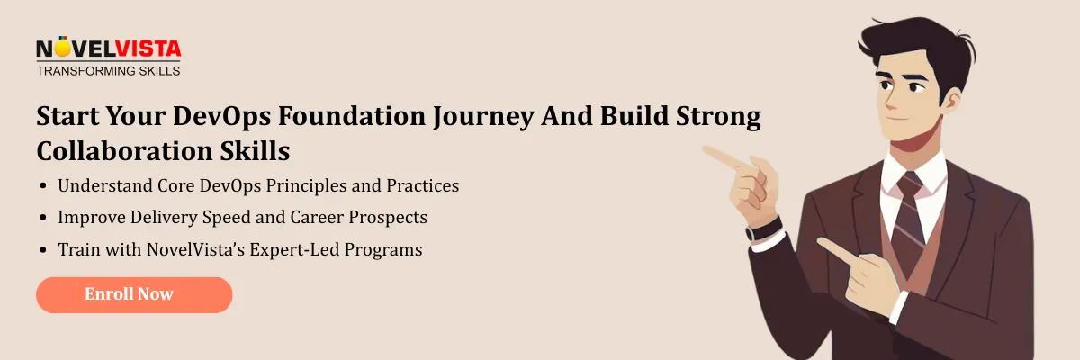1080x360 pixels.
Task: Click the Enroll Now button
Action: [134, 294]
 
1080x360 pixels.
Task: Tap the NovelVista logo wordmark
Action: [108, 49]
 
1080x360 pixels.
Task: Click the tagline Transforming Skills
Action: [108, 70]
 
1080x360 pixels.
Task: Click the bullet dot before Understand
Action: [44, 187]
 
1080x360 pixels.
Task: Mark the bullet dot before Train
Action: [44, 250]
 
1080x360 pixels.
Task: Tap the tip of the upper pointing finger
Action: [706, 150]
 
